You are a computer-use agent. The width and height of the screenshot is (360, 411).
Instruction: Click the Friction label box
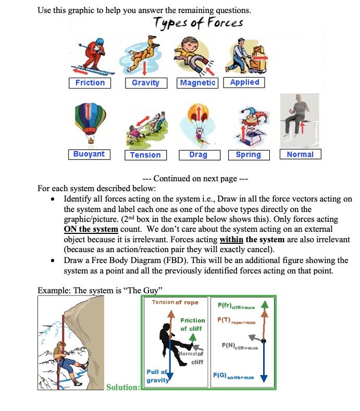(x=90, y=83)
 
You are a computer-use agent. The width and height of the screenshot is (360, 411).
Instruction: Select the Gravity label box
(x=145, y=83)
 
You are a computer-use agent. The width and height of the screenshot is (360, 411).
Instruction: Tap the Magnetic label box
(x=197, y=83)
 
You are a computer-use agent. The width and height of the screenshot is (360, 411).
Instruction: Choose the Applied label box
(x=244, y=82)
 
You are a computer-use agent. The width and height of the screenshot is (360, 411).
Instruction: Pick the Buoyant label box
(x=89, y=154)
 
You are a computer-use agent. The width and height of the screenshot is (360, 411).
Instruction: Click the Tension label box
(x=145, y=155)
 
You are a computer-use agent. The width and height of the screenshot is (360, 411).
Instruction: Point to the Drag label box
(x=198, y=155)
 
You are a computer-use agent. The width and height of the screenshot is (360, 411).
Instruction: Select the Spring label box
(x=248, y=155)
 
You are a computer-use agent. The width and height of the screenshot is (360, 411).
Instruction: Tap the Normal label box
(x=300, y=154)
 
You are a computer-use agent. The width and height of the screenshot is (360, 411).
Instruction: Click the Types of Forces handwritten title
(x=197, y=23)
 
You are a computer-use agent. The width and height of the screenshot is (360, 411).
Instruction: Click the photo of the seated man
(x=299, y=120)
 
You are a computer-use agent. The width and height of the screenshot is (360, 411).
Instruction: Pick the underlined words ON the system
(x=91, y=229)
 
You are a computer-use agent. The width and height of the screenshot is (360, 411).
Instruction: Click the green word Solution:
(x=123, y=387)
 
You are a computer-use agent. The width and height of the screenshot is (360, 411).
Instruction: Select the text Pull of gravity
(x=157, y=376)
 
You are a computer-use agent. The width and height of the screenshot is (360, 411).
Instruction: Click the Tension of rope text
(x=175, y=303)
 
